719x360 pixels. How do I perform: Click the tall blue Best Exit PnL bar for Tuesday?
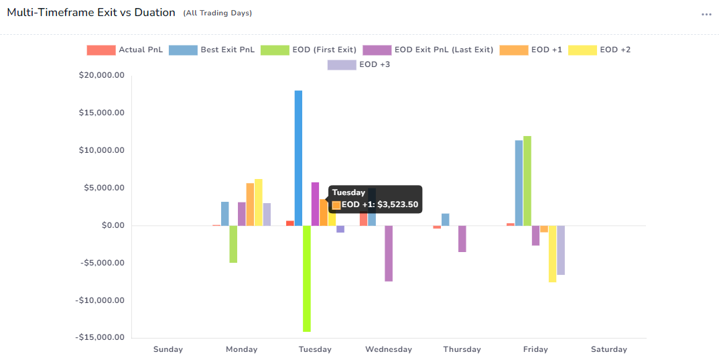click(x=298, y=158)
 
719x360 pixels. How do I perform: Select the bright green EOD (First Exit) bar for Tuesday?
click(x=306, y=278)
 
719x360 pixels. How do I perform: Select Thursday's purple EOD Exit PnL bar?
click(x=462, y=239)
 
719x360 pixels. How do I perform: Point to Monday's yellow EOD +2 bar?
click(x=259, y=202)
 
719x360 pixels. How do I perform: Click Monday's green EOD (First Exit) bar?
click(x=233, y=244)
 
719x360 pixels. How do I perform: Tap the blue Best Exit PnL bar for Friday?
click(x=519, y=182)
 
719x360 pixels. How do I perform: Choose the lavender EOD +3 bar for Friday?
click(x=561, y=250)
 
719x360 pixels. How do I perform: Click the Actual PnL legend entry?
click(x=125, y=50)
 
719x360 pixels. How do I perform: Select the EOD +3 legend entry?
click(x=358, y=64)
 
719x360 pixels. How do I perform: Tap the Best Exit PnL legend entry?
click(x=212, y=50)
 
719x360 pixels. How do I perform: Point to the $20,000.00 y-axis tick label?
click(x=102, y=75)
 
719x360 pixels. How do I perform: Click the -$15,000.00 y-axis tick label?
click(x=101, y=337)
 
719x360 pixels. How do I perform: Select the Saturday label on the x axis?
click(x=609, y=349)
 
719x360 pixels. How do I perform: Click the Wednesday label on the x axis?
click(x=389, y=349)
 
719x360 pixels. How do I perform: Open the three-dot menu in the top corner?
click(x=706, y=14)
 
